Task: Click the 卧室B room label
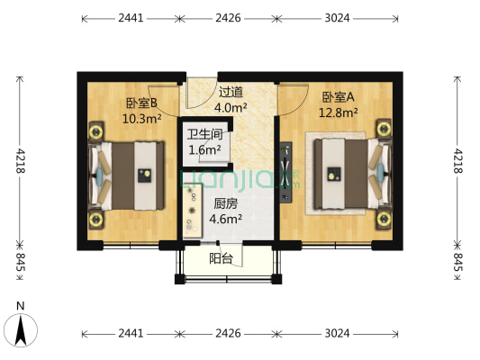142,103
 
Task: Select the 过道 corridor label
231,92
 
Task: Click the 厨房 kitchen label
225,203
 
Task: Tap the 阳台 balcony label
221,258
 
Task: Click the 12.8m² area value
338,112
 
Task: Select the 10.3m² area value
142,117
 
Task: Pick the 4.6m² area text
225,218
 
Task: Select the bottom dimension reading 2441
131,333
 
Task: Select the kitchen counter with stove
193,212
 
